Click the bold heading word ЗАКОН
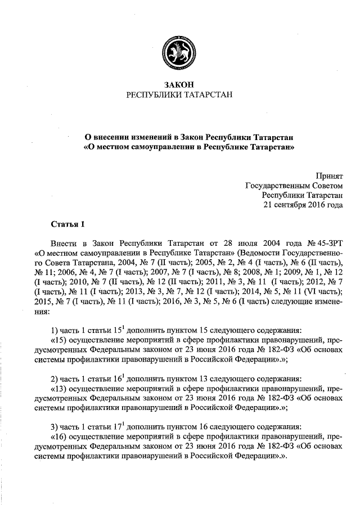(179, 84)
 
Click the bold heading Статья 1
(67, 224)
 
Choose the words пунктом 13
(168, 378)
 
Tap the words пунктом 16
(168, 426)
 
